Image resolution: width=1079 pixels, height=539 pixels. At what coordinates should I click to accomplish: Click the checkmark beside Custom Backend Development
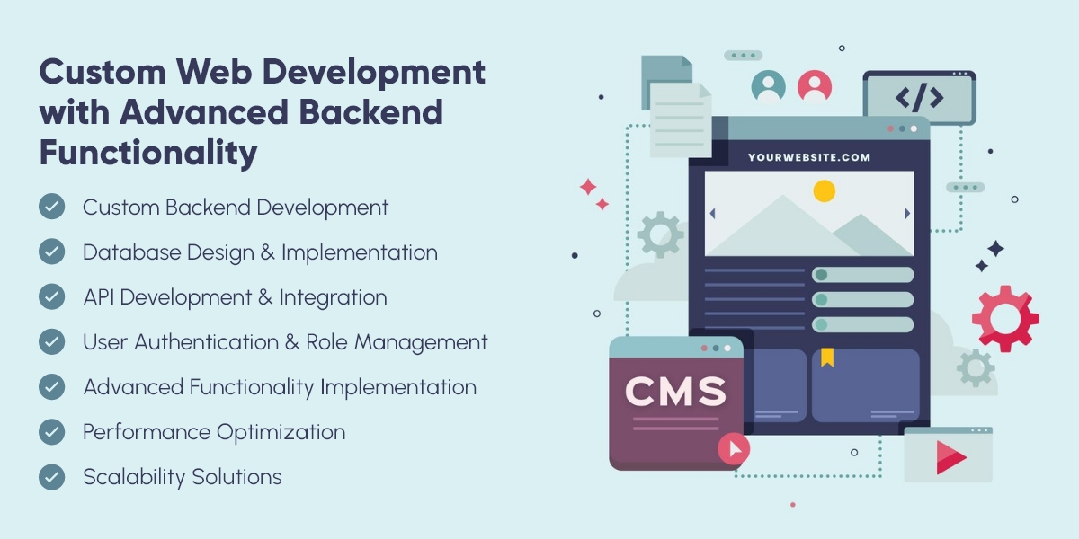(51, 207)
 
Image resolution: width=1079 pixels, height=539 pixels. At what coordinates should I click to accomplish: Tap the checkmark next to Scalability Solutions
(51, 476)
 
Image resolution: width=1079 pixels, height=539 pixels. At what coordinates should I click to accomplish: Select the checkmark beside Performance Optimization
(51, 432)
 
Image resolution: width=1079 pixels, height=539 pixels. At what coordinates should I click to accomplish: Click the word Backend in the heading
(370, 111)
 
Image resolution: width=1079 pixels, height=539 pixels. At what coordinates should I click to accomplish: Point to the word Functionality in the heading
(148, 153)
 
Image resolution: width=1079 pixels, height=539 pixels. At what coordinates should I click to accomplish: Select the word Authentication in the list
(206, 342)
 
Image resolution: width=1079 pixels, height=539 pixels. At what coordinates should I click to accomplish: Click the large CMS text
(676, 392)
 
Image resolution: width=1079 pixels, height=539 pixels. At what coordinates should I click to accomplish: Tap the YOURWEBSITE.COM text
(809, 157)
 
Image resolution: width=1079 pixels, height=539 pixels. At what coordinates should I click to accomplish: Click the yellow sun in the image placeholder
(825, 191)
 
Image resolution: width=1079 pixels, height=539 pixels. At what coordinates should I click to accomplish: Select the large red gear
(1005, 319)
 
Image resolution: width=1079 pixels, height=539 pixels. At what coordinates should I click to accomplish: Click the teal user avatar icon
(768, 87)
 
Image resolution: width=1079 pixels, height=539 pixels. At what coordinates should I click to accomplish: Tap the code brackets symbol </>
(919, 97)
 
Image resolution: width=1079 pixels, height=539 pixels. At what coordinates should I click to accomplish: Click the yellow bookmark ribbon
(827, 358)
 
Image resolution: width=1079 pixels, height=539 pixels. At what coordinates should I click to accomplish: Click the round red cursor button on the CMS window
(734, 449)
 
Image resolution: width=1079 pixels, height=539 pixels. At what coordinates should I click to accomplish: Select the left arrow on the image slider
(712, 213)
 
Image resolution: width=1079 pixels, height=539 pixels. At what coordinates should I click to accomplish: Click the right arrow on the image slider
(907, 213)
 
